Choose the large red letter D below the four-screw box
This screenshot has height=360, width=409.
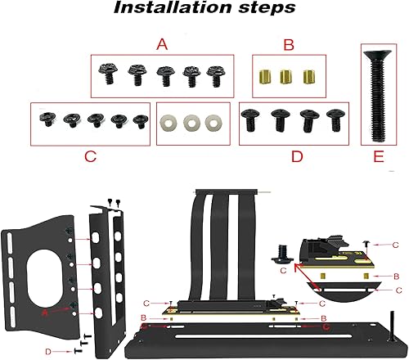295,155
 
